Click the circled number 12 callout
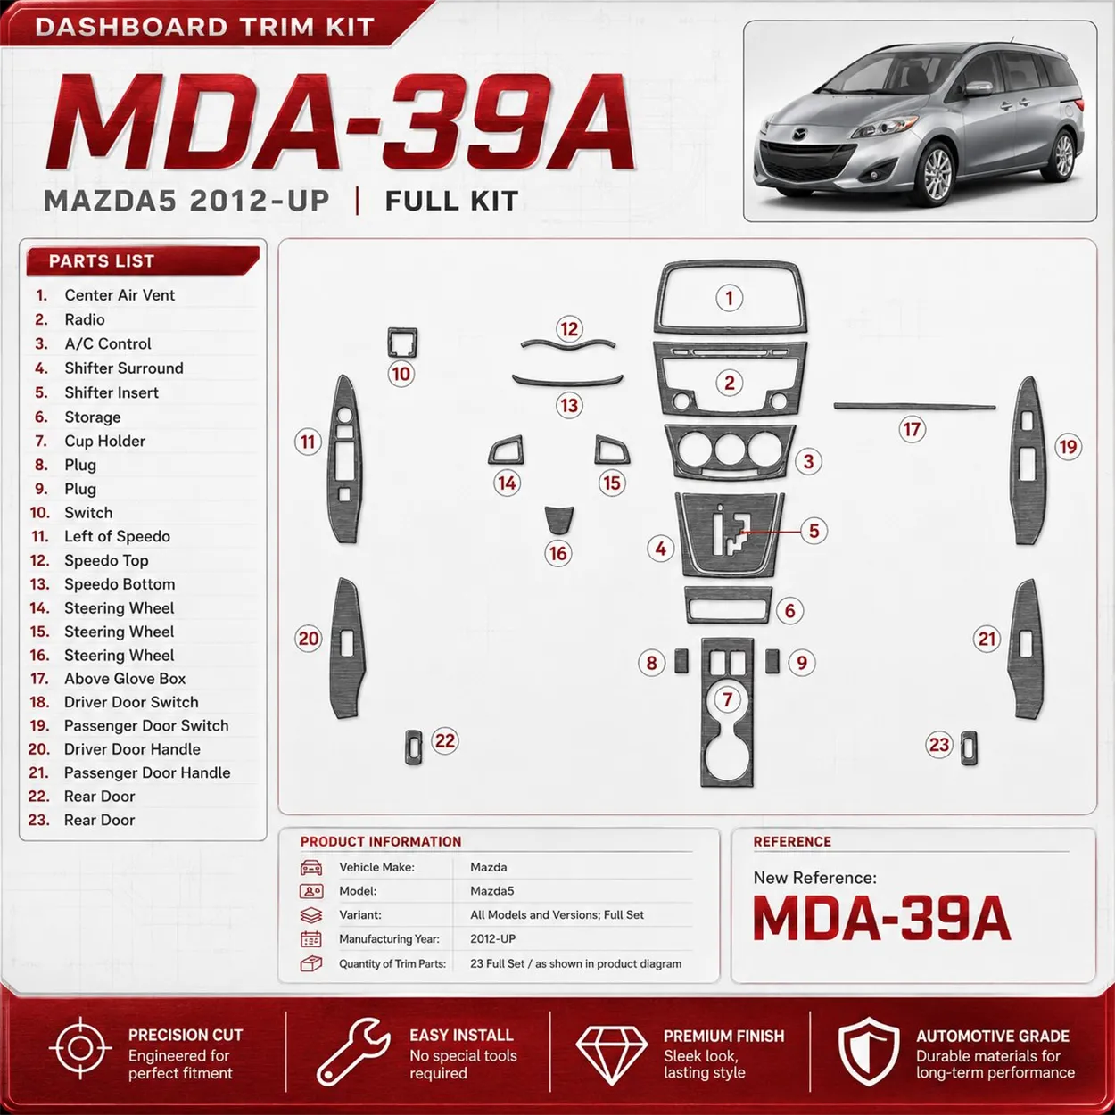[x=568, y=329]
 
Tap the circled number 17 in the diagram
[x=912, y=429]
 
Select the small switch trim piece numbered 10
[x=402, y=343]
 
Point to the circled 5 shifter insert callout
[x=814, y=531]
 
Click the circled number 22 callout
[x=444, y=740]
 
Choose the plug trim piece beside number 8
[x=681, y=661]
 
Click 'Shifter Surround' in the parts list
[x=124, y=368]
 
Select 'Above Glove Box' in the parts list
[x=125, y=679]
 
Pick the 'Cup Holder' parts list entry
[x=104, y=441]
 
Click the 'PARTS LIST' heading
[x=102, y=261]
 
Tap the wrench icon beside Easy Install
[x=353, y=1052]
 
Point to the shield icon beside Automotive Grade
[x=869, y=1052]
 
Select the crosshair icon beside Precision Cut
[x=80, y=1048]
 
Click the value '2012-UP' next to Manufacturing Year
[x=492, y=939]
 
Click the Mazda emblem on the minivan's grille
[x=798, y=136]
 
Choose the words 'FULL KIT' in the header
[x=451, y=202]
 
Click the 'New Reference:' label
[x=814, y=878]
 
